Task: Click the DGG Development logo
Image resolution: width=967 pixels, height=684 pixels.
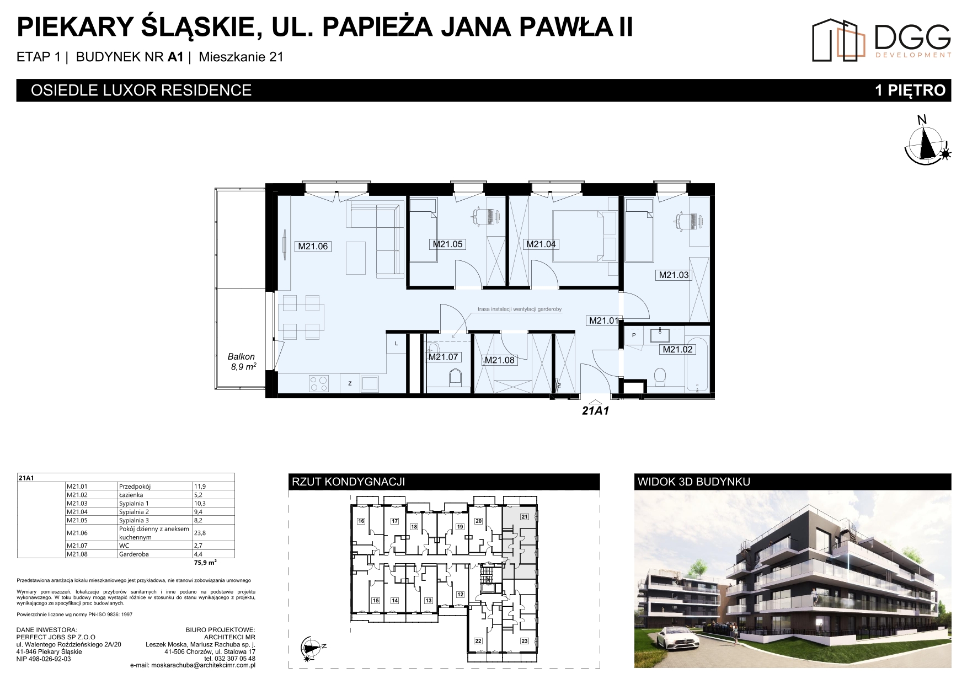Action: click(881, 40)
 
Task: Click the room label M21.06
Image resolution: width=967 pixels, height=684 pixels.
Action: click(313, 247)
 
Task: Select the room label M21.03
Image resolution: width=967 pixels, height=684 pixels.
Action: click(674, 275)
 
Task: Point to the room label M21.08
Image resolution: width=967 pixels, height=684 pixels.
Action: click(499, 360)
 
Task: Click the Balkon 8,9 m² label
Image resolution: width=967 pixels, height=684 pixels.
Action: click(242, 361)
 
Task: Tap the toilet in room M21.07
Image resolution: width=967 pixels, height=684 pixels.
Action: click(455, 378)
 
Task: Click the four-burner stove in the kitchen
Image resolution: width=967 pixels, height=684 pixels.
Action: click(319, 383)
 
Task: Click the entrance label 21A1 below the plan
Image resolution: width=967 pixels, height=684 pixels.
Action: click(595, 411)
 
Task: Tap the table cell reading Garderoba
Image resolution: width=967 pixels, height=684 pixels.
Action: click(133, 554)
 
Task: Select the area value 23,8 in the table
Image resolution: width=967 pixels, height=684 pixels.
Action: click(199, 533)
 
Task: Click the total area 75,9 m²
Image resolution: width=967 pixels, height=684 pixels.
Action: click(205, 563)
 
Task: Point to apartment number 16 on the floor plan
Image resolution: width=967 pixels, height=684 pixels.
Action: click(361, 521)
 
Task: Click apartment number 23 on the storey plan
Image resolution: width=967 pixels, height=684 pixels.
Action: click(524, 640)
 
